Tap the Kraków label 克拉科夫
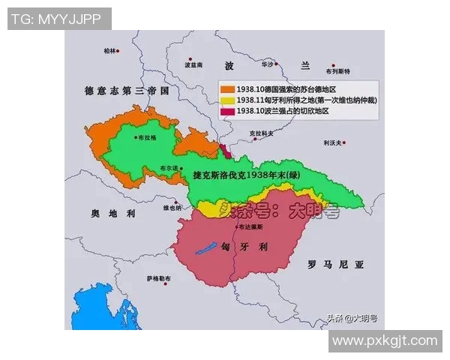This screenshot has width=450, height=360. [261, 133]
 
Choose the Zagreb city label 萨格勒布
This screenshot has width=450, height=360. [159, 279]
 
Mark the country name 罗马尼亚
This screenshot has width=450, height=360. [336, 265]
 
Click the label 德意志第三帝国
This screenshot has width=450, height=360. [128, 91]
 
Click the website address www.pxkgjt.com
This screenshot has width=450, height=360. [384, 340]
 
